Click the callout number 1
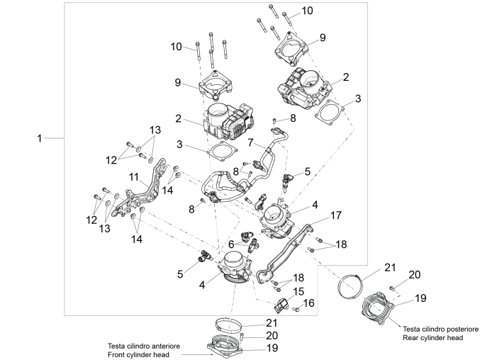pyautogui.click(x=40, y=139)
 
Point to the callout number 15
pyautogui.click(x=298, y=291)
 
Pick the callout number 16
pyautogui.click(x=310, y=303)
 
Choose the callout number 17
pyautogui.click(x=335, y=214)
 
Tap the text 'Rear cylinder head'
pyautogui.click(x=432, y=338)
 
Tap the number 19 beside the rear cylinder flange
pyautogui.click(x=420, y=298)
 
